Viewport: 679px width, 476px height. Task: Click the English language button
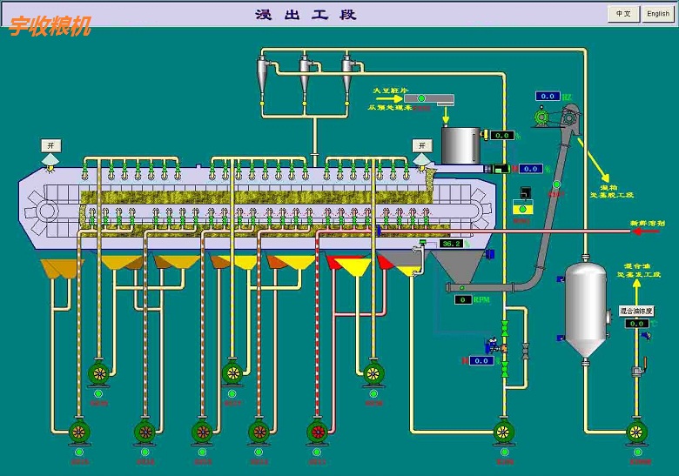(x=658, y=14)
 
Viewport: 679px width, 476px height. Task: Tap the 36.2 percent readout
(x=452, y=245)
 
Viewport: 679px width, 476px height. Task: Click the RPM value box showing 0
(x=463, y=299)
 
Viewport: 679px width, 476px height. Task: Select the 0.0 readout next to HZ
(x=547, y=96)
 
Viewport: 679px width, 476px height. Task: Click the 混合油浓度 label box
(x=635, y=310)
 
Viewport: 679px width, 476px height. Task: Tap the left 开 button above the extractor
(x=50, y=144)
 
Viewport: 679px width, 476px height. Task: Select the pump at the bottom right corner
(x=639, y=431)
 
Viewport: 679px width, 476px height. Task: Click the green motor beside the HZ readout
(x=542, y=115)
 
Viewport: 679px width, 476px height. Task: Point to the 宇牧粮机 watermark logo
(x=50, y=26)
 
